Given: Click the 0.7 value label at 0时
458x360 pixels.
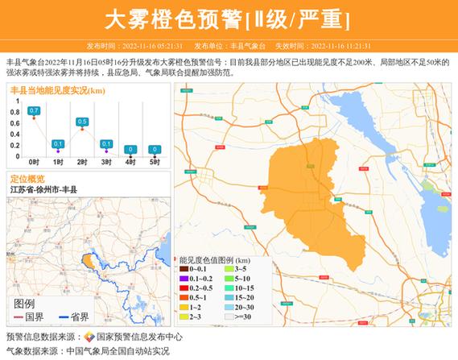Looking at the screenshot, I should [x=34, y=110].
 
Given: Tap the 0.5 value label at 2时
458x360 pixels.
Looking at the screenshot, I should [x=82, y=121].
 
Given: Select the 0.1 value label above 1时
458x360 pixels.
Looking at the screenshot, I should [x=58, y=143].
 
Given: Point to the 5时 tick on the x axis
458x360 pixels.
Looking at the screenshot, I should [x=155, y=162].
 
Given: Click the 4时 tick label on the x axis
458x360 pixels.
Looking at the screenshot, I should [x=130, y=162].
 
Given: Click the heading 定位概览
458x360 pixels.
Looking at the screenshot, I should [x=27, y=178].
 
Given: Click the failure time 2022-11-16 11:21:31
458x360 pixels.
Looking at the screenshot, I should [x=344, y=46].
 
